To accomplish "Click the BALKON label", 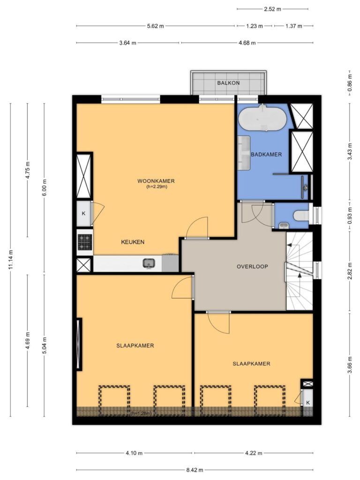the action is click(x=228, y=83).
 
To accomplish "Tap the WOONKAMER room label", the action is click(x=156, y=181).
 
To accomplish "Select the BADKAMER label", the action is click(x=266, y=154).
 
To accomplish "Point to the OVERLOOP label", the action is click(x=252, y=267).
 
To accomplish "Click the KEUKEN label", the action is click(x=133, y=242).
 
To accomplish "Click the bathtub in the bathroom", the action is click(x=262, y=118).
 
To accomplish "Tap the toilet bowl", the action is click(x=301, y=216).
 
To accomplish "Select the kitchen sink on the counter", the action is click(x=149, y=263).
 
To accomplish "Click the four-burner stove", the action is click(x=85, y=242).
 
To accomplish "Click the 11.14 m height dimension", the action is click(x=11, y=260).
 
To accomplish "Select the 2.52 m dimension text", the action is click(x=272, y=9).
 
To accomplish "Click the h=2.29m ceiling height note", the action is click(x=157, y=187).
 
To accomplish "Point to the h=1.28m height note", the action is click(x=141, y=413).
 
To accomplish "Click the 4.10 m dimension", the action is click(x=134, y=453).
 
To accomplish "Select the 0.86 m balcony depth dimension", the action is click(x=350, y=83).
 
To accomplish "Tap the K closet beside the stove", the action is click(x=83, y=214).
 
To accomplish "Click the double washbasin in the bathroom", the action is click(x=244, y=153).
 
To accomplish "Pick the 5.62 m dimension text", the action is click(x=156, y=26).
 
